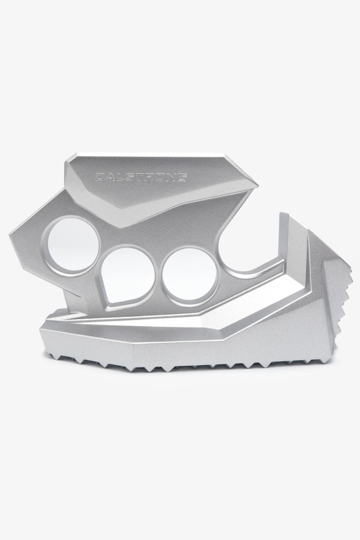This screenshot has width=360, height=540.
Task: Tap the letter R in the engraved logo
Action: coord(150,177)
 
